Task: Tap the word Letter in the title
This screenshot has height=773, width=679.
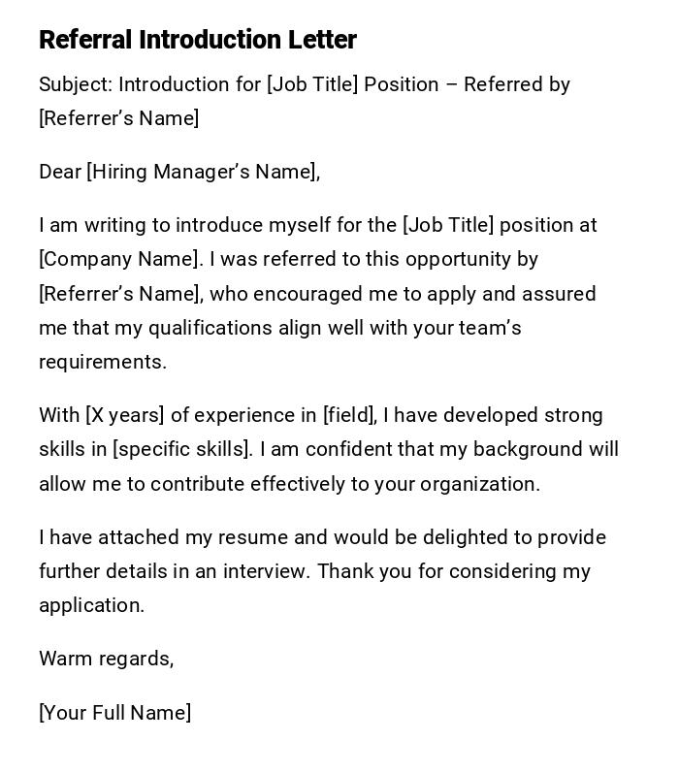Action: [x=322, y=40]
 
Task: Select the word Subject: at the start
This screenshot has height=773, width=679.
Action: [x=76, y=84]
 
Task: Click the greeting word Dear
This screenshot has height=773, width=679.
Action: [x=60, y=172]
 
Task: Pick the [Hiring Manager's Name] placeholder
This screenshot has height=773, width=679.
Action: [x=203, y=172]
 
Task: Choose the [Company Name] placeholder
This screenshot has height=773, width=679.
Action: [x=120, y=259]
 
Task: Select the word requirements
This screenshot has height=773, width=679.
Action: [x=102, y=362]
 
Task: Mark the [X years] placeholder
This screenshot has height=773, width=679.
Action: [x=125, y=415]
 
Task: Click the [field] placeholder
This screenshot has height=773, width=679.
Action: [x=349, y=415]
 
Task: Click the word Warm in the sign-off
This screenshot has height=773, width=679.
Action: [x=63, y=659]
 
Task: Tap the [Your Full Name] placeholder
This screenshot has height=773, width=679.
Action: [x=114, y=713]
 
